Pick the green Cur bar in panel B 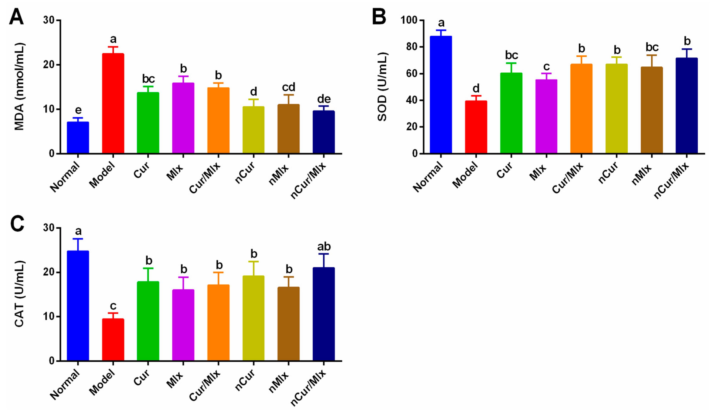(x=511, y=113)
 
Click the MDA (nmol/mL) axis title (x=19, y=87)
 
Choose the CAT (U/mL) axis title (x=19, y=294)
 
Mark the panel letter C (x=17, y=224)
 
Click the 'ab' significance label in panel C (x=324, y=247)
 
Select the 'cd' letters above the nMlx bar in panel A (x=289, y=87)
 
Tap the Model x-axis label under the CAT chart (x=102, y=382)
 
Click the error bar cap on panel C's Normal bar (x=78, y=239)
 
